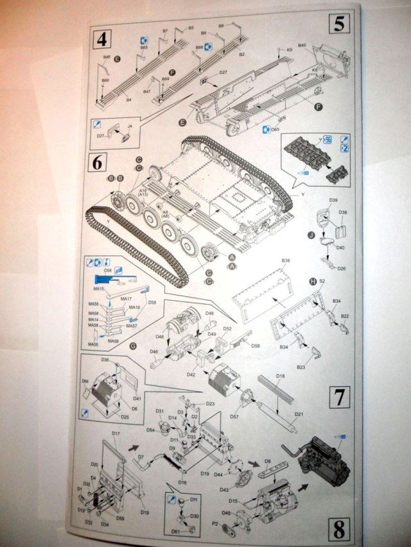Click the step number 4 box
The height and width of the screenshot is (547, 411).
click(x=100, y=39)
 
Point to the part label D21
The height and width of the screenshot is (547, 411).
click(x=298, y=414)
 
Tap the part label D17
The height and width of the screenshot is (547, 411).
click(x=116, y=434)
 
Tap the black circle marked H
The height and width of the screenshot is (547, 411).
click(x=313, y=282)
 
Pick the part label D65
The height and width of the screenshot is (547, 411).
click(x=275, y=129)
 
